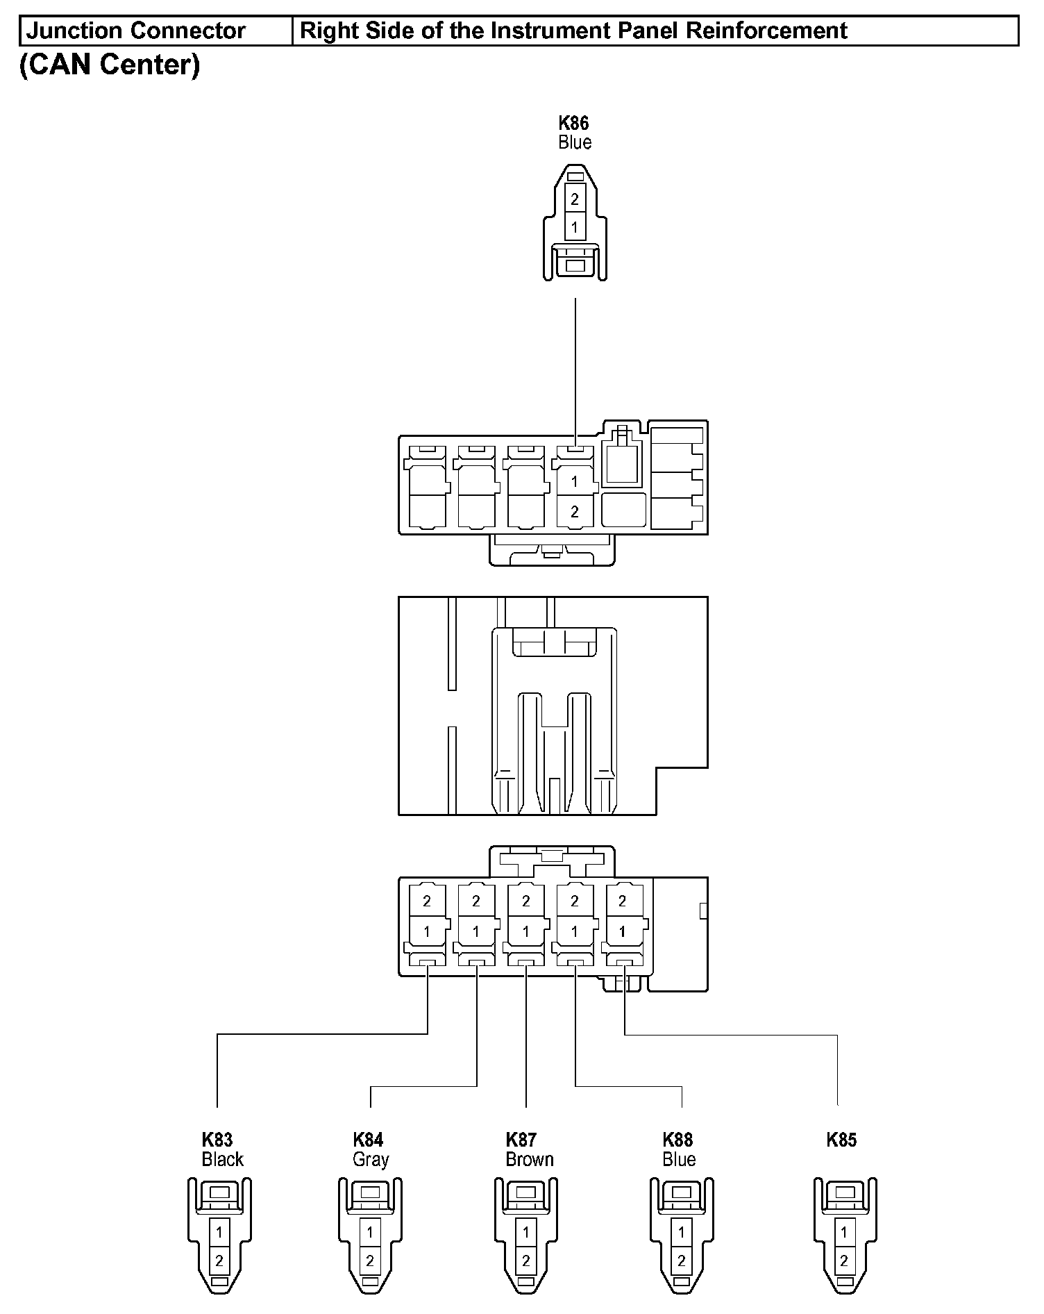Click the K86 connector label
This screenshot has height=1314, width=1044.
574,124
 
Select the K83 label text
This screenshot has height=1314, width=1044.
217,1140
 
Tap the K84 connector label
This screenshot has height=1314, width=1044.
368,1140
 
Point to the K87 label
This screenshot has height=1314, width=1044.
521,1140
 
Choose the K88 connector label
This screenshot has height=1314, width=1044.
677,1140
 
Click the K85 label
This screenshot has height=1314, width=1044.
841,1140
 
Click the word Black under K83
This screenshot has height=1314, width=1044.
222,1159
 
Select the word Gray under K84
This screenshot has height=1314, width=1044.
371,1159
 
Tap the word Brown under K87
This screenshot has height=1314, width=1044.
530,1159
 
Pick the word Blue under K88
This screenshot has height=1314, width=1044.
679,1159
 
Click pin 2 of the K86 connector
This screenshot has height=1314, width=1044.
575,199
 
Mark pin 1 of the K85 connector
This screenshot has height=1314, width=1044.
844,1232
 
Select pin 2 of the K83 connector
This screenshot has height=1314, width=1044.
219,1261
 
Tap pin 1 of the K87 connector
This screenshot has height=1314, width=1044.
526,1232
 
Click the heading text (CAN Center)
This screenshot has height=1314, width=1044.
110,65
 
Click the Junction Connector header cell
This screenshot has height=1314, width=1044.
136,31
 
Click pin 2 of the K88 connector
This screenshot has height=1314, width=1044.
682,1261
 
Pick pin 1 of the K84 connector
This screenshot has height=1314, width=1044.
370,1232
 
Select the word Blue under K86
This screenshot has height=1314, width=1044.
575,142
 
